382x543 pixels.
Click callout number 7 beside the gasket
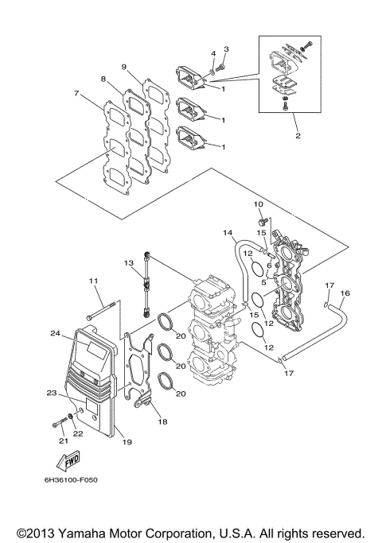[76, 94]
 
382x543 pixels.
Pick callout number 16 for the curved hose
[345, 293]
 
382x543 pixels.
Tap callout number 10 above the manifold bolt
[258, 204]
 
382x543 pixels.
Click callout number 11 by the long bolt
[92, 281]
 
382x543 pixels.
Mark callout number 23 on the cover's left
[51, 394]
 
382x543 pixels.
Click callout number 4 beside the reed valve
[213, 53]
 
